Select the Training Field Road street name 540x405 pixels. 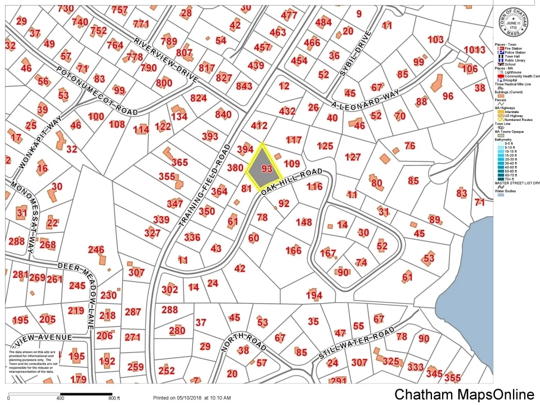206,186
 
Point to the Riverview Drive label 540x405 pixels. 166,60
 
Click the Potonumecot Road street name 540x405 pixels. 97,91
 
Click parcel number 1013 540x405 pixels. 474,49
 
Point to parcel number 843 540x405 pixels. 244,86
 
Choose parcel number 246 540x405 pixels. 96,250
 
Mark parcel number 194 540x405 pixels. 314,295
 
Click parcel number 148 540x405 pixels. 303,222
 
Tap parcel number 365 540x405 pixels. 179,162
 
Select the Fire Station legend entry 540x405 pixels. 513,49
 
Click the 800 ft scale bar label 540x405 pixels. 114,398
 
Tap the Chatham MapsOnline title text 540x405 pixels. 464,394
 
